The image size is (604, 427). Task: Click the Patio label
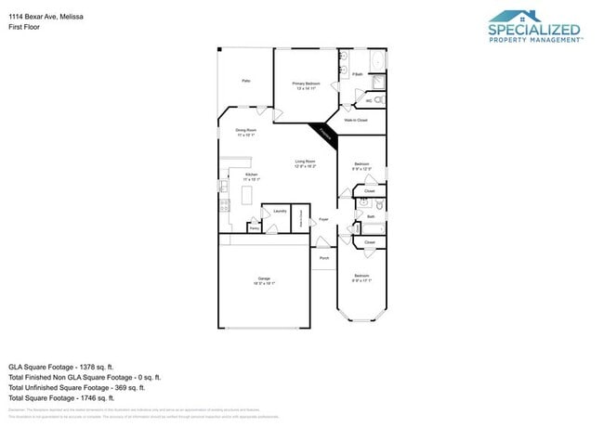[246, 82]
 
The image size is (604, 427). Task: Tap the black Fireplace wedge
[325, 133]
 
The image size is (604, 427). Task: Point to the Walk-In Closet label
[356, 121]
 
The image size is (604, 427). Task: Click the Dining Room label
[246, 132]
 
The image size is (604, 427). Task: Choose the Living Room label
[306, 164]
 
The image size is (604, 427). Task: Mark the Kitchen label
[252, 176]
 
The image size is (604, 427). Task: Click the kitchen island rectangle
[247, 195]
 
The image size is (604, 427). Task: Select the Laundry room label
[279, 211]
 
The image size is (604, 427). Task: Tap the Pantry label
[254, 226]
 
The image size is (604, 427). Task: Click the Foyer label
[323, 220]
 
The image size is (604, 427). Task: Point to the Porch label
[324, 258]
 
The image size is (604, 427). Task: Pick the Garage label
[264, 280]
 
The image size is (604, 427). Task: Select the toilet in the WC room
[379, 99]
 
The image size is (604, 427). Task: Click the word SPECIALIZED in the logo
[534, 31]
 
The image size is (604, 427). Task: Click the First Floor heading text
[23, 16]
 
